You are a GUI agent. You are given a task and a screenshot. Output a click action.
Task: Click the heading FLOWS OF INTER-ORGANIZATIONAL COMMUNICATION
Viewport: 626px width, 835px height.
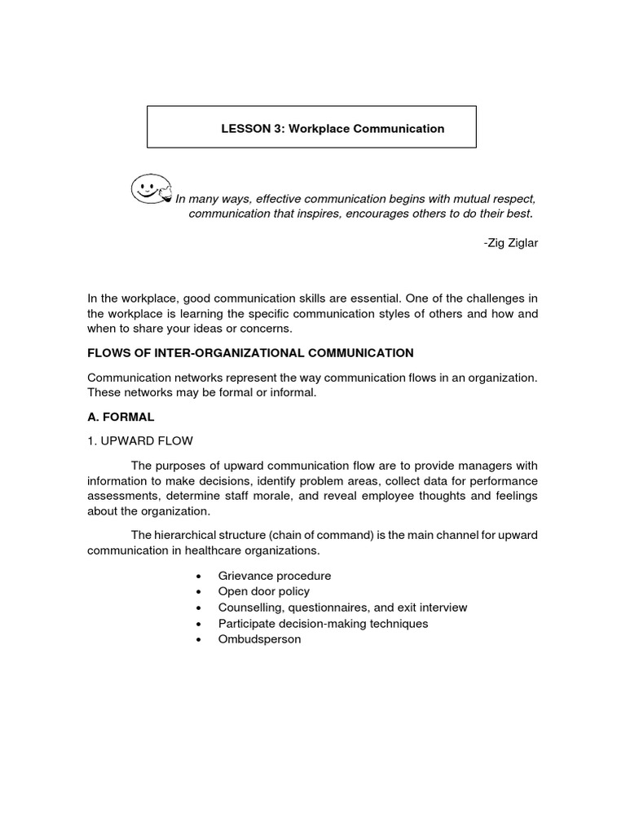click(x=250, y=353)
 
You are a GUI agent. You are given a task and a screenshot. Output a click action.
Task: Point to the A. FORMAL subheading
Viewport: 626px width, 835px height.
click(x=121, y=416)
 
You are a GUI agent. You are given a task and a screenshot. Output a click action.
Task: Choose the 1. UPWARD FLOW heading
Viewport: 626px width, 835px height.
click(x=140, y=441)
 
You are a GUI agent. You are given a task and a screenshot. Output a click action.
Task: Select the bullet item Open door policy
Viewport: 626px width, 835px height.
click(x=263, y=591)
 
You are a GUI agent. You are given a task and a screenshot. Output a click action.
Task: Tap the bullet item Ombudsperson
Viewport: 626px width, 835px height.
click(x=259, y=639)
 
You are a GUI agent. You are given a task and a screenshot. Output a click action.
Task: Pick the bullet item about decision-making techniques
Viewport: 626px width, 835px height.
click(x=323, y=623)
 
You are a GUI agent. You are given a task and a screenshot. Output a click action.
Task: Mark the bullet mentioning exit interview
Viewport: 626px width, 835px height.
click(x=342, y=607)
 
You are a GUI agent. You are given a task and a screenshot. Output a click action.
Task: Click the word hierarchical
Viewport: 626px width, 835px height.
click(x=187, y=534)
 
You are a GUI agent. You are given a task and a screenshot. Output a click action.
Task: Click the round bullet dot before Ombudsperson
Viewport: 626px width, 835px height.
click(x=199, y=640)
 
